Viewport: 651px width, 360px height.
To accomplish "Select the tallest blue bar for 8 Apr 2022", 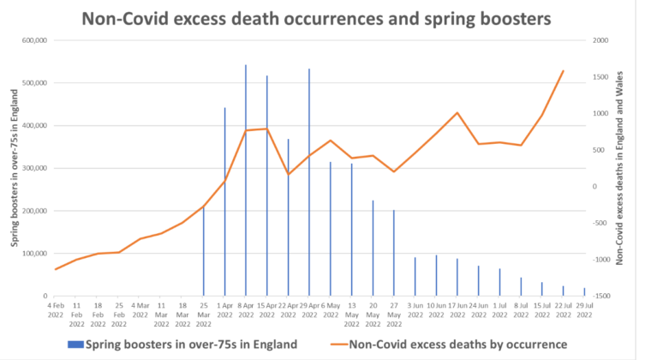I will click(246, 180).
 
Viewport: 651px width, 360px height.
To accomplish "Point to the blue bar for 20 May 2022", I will click(373, 248).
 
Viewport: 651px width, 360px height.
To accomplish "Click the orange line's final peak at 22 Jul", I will click(563, 70).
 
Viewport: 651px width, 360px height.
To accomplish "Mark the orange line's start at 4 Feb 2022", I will click(56, 269).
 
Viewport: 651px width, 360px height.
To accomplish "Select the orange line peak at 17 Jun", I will click(457, 112).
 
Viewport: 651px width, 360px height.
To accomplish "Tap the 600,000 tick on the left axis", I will click(31, 40).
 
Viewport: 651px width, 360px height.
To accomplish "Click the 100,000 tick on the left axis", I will click(31, 254).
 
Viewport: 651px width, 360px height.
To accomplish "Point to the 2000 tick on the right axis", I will click(600, 40).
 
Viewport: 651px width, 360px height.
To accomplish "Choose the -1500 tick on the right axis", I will click(601, 296).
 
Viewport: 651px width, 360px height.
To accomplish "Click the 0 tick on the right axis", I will click(595, 186).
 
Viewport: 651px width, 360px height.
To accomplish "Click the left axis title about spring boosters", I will click(15, 168).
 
